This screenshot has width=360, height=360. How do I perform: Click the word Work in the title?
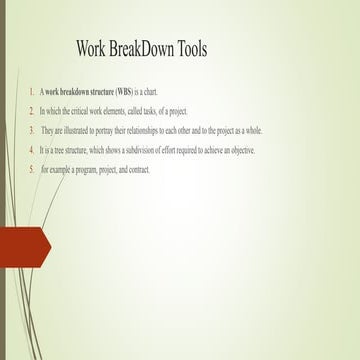93,49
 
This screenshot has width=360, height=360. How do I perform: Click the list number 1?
31,92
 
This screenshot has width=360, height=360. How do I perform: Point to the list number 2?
31,111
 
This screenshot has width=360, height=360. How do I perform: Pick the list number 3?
31,131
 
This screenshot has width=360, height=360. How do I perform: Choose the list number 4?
31,150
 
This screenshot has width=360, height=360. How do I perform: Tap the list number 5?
31,169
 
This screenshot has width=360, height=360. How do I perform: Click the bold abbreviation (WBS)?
128,92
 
